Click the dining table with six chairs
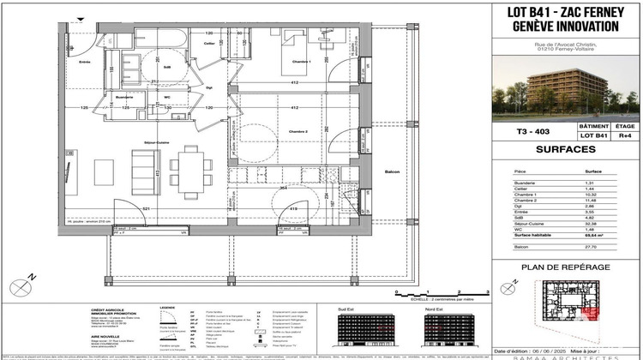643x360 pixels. pyautogui.click(x=186, y=169)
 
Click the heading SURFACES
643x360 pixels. pyautogui.click(x=566, y=149)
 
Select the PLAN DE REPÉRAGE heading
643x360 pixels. pyautogui.click(x=566, y=267)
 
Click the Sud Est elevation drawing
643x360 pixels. pyautogui.click(x=366, y=327)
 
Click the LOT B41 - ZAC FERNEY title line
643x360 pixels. pyautogui.click(x=566, y=11)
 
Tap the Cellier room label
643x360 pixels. pyautogui.click(x=208, y=43)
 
